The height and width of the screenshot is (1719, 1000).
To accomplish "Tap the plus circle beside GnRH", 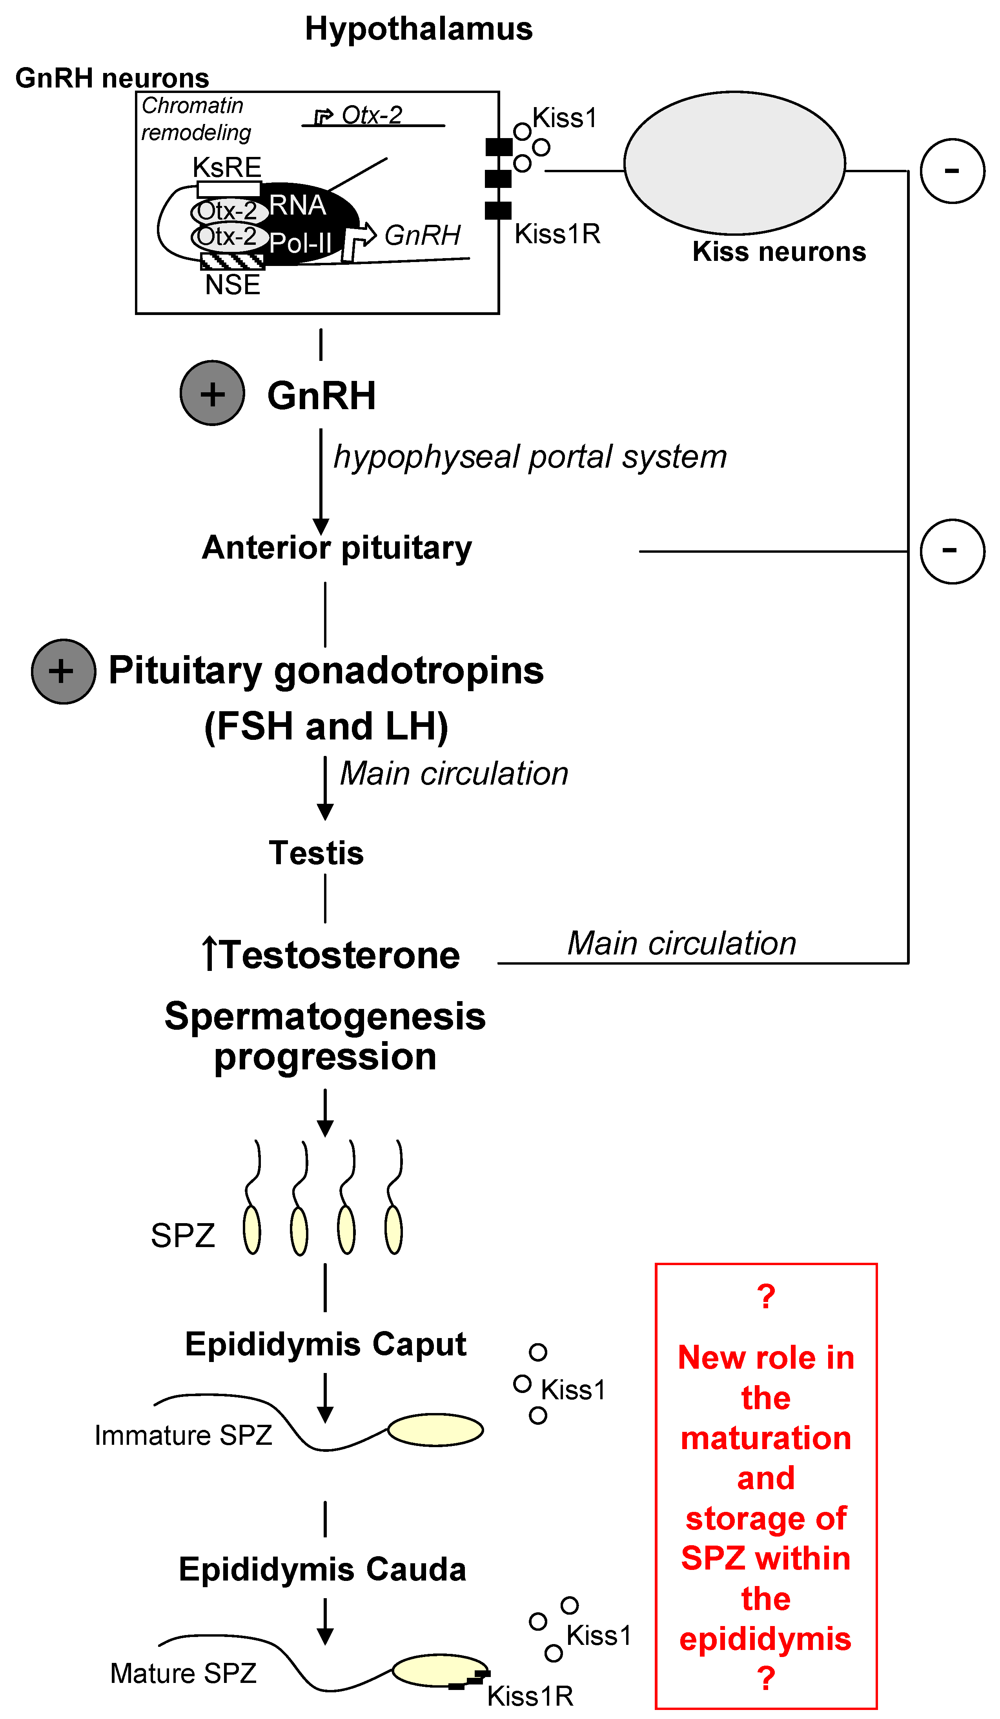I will click(x=212, y=393).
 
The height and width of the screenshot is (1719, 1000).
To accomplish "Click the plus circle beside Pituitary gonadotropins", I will click(x=64, y=671).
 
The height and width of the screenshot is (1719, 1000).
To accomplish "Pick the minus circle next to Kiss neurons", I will click(x=952, y=171).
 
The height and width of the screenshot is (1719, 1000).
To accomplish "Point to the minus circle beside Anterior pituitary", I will click(x=952, y=551).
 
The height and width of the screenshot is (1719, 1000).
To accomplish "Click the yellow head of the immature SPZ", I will click(x=435, y=1430).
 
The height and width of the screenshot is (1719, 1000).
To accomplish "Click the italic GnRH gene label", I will click(x=422, y=235).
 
